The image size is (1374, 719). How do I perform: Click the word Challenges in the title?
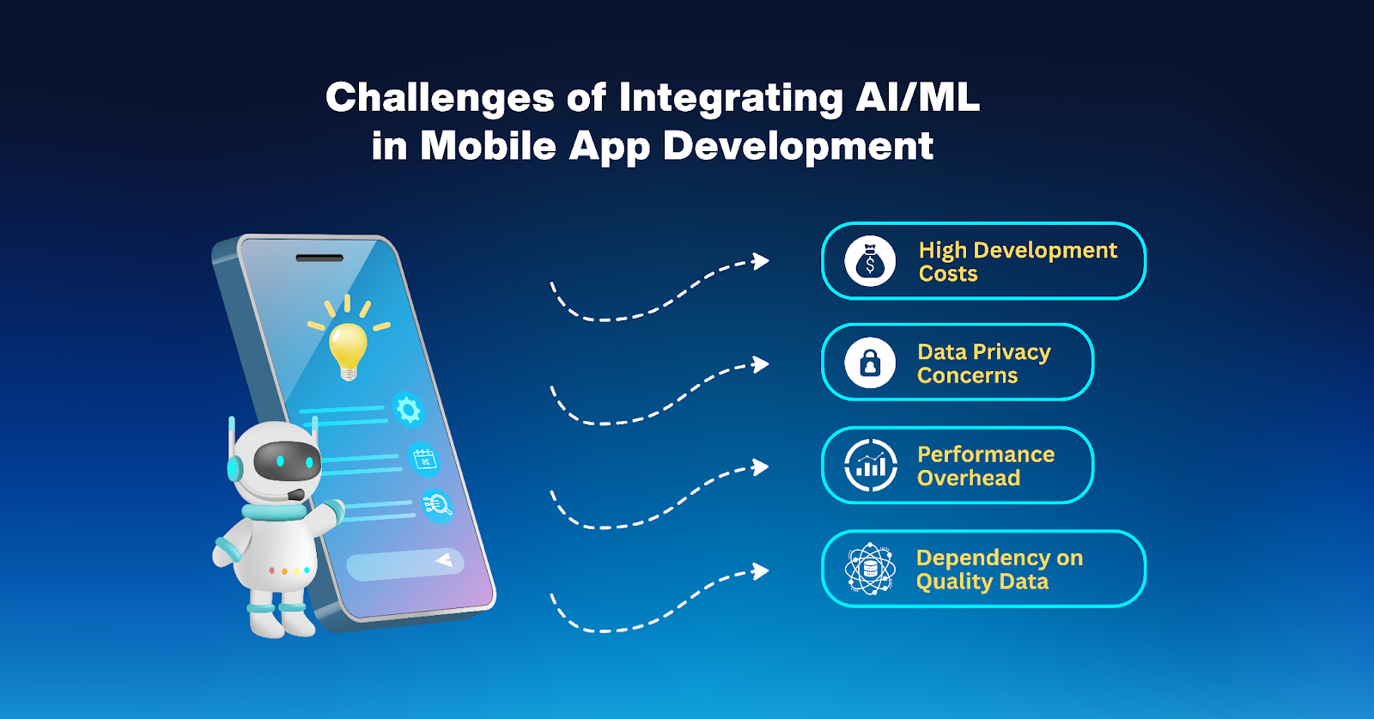click(x=440, y=98)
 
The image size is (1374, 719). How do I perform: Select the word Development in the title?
click(x=798, y=147)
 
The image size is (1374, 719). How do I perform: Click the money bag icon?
click(x=870, y=261)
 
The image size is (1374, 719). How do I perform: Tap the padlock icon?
click(x=870, y=363)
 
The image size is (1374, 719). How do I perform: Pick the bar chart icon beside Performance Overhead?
click(x=871, y=466)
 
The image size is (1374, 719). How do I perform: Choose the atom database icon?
click(x=870, y=569)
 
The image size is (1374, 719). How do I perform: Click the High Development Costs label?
click(x=1018, y=261)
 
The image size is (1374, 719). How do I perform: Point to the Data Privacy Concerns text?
click(x=984, y=363)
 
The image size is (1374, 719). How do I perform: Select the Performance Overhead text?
click(x=986, y=466)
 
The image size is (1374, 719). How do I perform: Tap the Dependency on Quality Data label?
click(x=1000, y=570)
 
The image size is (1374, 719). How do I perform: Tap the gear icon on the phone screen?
click(x=409, y=410)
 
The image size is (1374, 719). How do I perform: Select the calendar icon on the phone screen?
click(x=424, y=460)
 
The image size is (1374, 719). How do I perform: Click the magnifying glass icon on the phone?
click(x=438, y=506)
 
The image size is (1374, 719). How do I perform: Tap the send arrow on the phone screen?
click(x=444, y=559)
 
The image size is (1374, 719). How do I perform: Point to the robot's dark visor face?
click(x=287, y=460)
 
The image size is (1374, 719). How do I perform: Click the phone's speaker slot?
click(x=319, y=259)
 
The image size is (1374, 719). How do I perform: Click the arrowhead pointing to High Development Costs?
click(x=761, y=261)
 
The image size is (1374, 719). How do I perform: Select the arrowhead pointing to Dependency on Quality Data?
click(x=761, y=571)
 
